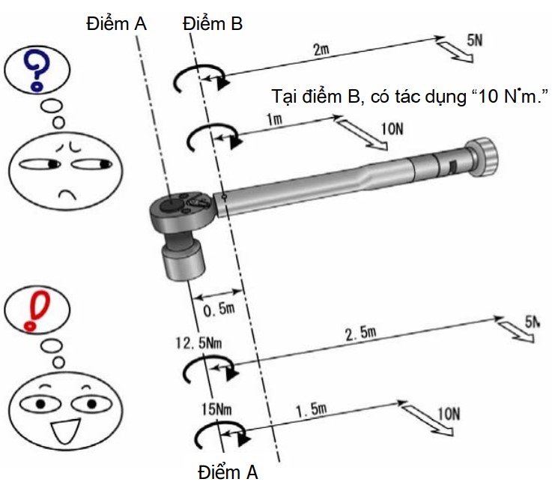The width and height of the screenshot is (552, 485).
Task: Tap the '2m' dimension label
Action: tap(321, 49)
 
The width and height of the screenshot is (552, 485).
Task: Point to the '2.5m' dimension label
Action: tap(361, 333)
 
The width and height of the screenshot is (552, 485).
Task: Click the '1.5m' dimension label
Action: tap(312, 409)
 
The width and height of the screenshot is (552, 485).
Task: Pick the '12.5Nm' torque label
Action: tap(198, 343)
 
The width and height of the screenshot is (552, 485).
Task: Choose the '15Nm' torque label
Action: tap(216, 409)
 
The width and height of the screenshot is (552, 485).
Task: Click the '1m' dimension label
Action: tap(274, 120)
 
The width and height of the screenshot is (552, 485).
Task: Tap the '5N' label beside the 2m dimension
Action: tap(475, 40)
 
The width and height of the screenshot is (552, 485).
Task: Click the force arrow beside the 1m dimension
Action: tap(363, 134)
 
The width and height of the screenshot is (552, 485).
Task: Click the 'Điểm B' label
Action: tap(213, 24)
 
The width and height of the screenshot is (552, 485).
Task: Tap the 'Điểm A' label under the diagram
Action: tap(228, 472)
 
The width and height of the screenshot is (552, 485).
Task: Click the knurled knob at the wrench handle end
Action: tap(482, 157)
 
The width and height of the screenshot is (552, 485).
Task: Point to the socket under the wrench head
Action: tap(183, 261)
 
